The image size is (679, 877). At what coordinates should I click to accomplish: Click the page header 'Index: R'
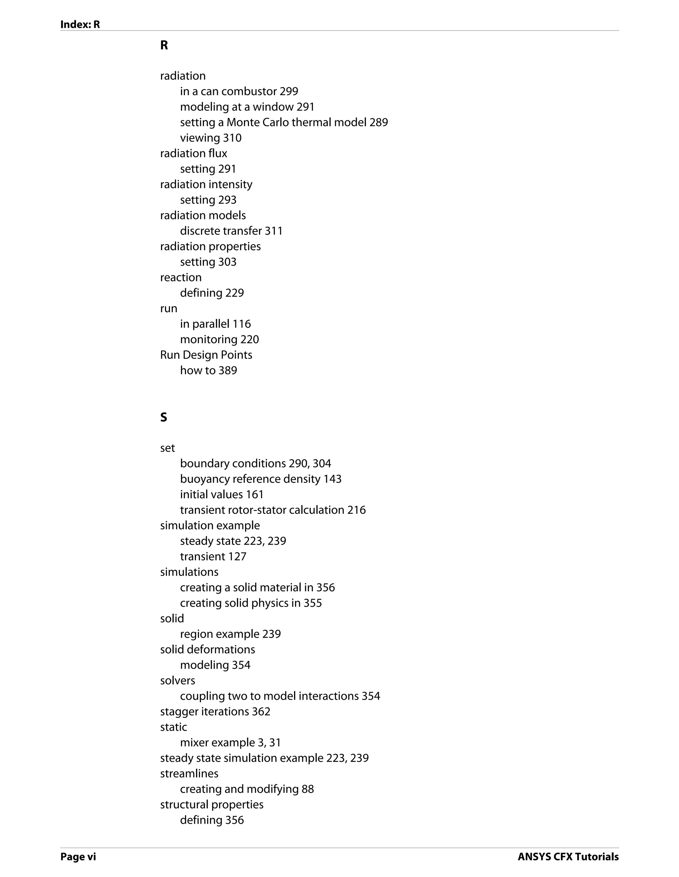coord(80,25)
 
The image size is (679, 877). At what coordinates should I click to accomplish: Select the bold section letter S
coord(163,417)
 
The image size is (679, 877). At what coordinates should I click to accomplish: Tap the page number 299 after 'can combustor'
coord(289,91)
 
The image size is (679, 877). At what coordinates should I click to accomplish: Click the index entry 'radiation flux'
coord(194,153)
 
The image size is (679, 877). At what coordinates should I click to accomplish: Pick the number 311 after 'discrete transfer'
coord(274,231)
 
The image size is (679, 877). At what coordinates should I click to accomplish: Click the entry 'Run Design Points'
coord(206,355)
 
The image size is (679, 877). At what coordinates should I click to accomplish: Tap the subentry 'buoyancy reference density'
coord(250,479)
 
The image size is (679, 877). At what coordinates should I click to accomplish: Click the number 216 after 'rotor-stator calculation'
coord(356,510)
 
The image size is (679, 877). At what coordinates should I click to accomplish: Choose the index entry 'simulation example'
coord(210,526)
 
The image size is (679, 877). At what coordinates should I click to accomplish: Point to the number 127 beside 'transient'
coord(237,557)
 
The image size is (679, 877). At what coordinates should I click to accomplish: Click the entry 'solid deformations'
coord(207,649)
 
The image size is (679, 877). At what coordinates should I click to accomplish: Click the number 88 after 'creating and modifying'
coord(308,789)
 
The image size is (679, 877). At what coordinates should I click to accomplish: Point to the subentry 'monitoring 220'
coord(219,340)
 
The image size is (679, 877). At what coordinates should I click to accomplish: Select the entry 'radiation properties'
coord(210,247)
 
